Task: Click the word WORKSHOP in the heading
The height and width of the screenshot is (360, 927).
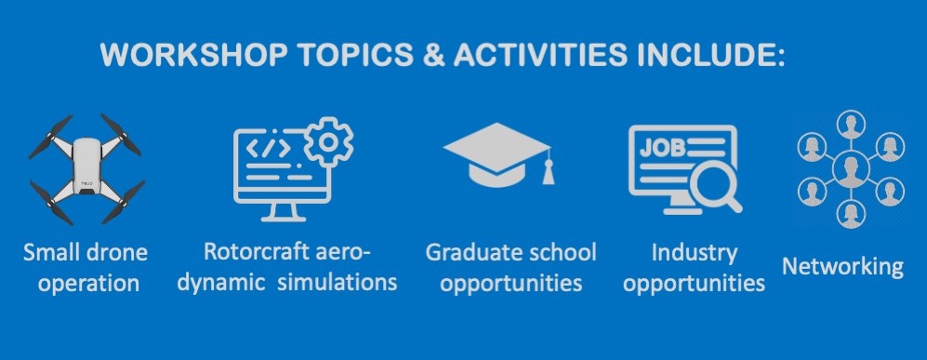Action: [x=193, y=55]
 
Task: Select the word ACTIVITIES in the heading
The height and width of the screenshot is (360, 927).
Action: [x=540, y=55]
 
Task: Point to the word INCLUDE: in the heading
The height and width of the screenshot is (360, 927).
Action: [x=711, y=55]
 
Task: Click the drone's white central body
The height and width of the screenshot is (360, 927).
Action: [x=86, y=167]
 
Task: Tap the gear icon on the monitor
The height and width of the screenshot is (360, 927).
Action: [x=329, y=142]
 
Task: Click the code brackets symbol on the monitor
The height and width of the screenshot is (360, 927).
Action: [x=268, y=148]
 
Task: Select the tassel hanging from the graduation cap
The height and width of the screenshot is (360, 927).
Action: [x=548, y=169]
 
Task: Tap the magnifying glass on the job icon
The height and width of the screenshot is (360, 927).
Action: [x=717, y=189]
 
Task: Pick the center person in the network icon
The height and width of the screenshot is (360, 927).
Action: [x=851, y=169]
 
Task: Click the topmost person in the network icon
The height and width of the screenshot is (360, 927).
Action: [x=851, y=124]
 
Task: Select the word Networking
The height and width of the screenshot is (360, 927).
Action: [x=843, y=267]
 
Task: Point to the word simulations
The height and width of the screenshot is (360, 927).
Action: [x=337, y=282]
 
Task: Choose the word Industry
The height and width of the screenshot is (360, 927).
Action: [x=694, y=254]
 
